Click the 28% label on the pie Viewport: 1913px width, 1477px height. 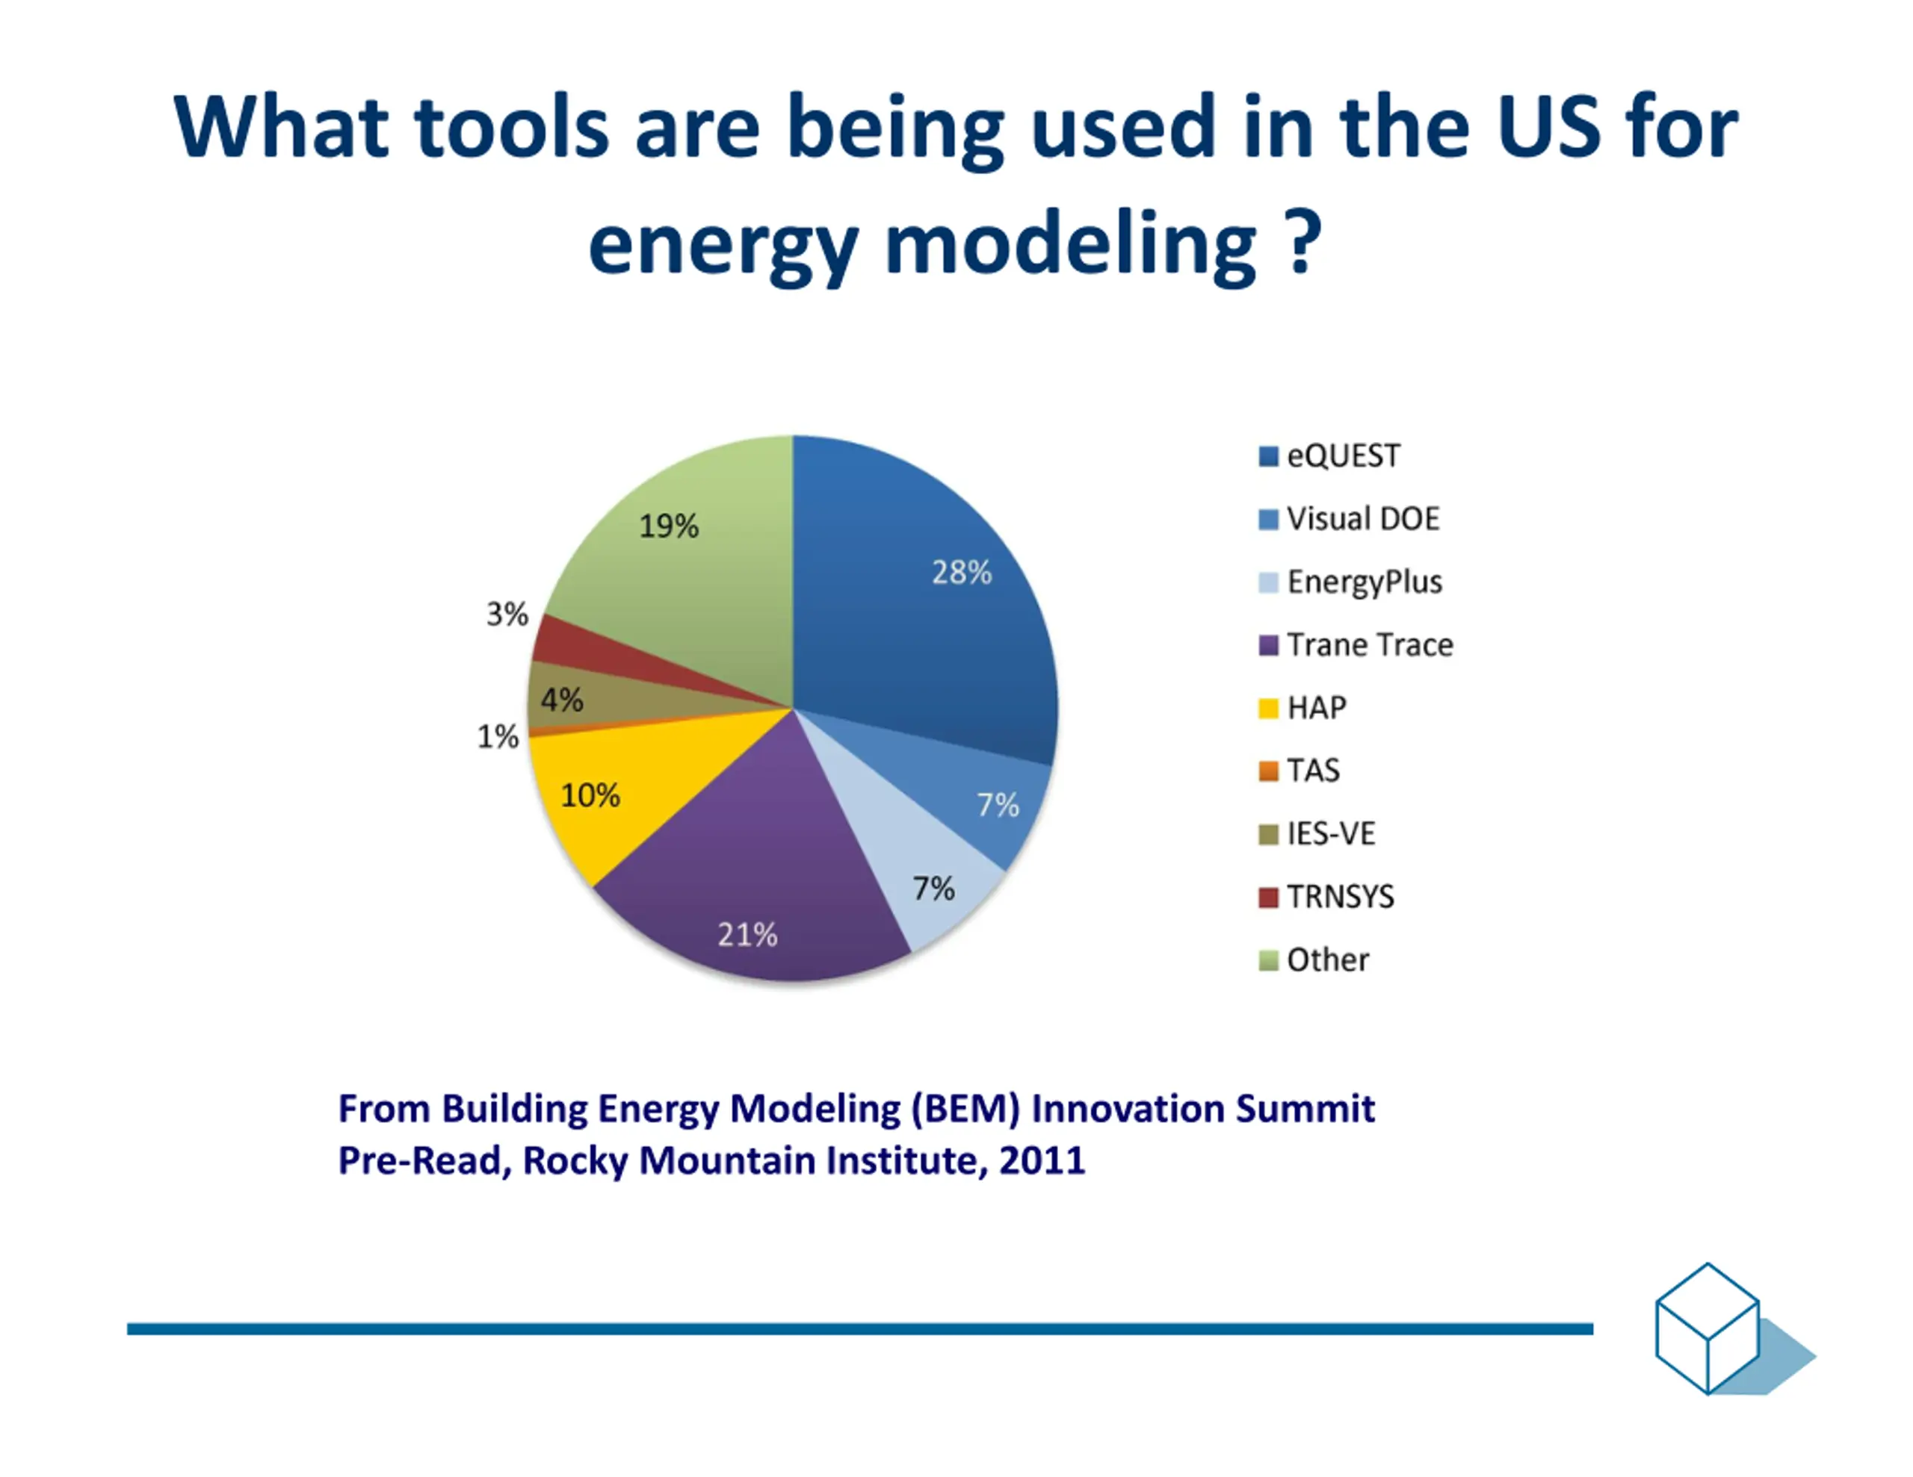click(x=962, y=573)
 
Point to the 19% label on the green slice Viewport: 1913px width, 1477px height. click(x=668, y=526)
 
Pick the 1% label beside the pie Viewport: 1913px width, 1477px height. click(x=498, y=737)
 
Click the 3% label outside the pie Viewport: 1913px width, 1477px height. click(x=507, y=615)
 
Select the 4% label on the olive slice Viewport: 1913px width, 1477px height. click(x=561, y=700)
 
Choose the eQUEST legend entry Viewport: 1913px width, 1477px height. click(x=1329, y=456)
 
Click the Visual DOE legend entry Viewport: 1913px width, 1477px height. click(x=1349, y=519)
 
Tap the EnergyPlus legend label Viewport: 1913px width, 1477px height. click(x=1365, y=582)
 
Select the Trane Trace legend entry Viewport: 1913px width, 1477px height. click(x=1356, y=645)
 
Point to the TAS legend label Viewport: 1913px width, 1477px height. click(x=1313, y=771)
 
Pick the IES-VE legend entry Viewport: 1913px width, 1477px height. click(x=1317, y=833)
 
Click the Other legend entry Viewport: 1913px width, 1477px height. click(x=1314, y=960)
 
